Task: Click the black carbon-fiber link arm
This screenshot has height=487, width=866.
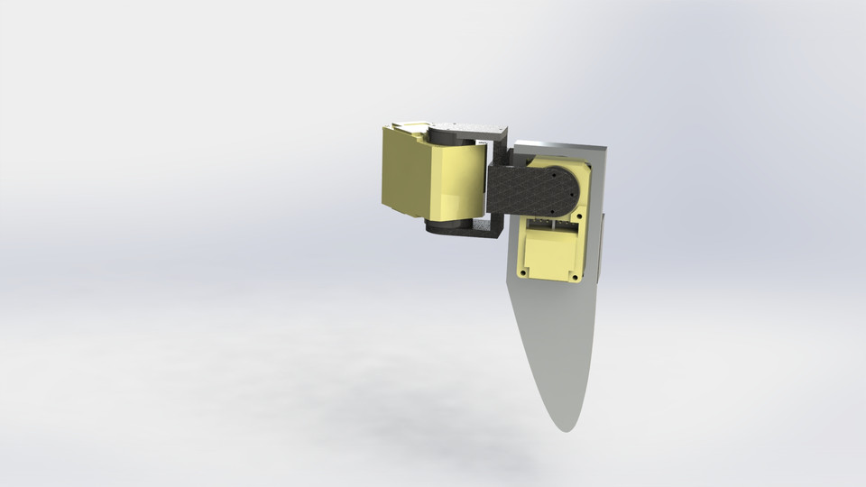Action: [x=528, y=189]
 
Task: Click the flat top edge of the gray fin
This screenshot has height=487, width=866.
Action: [x=559, y=144]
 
